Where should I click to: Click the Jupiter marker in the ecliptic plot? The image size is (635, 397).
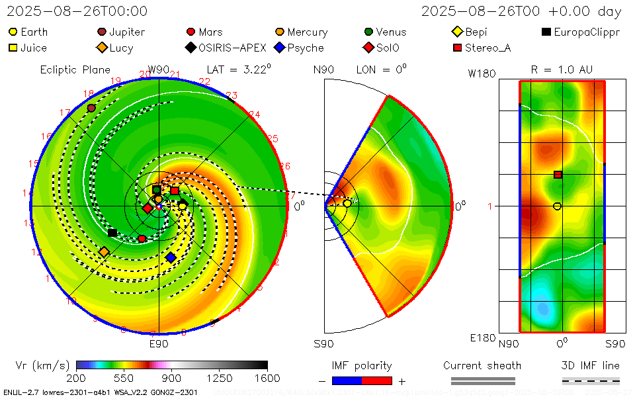[x=91, y=108]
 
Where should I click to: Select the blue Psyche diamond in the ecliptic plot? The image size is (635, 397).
[x=171, y=257]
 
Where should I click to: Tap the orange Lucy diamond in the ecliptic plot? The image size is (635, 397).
[x=103, y=252]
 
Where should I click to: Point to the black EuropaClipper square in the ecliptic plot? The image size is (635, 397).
[x=112, y=232]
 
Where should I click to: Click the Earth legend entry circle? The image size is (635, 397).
[x=13, y=32]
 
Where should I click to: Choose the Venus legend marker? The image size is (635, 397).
[x=368, y=32]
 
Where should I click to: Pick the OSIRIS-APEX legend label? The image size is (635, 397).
[x=232, y=48]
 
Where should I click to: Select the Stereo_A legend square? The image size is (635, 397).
[x=456, y=48]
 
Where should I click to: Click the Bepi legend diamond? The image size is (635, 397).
[x=456, y=32]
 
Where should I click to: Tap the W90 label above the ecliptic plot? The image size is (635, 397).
[x=159, y=69]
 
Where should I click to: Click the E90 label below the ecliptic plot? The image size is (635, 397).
[x=159, y=344]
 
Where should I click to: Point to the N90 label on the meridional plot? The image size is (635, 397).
[x=323, y=69]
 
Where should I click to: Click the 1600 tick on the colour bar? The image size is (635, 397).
[x=267, y=378]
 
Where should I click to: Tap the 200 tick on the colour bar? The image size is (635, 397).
[x=77, y=378]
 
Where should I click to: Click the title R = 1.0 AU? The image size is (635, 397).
[x=562, y=69]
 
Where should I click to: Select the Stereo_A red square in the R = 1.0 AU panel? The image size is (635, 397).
[x=558, y=175]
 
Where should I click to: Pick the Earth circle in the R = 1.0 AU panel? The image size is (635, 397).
[x=557, y=206]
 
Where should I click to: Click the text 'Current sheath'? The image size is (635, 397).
[x=482, y=365]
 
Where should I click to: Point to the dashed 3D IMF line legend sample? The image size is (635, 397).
[x=591, y=380]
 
